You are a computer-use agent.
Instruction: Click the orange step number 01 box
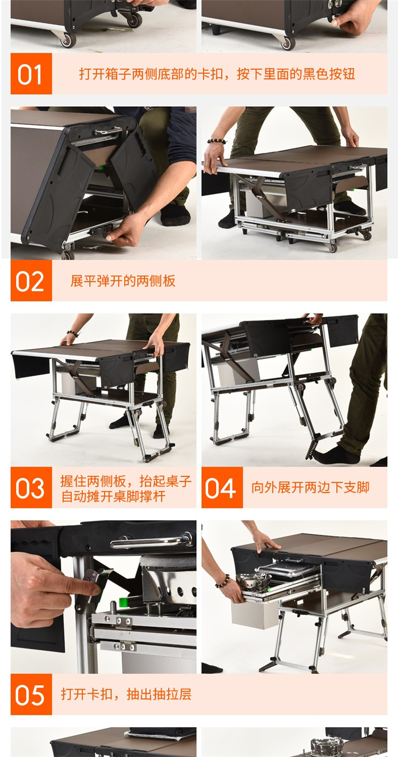pyautogui.click(x=31, y=74)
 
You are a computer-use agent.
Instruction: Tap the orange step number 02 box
pyautogui.click(x=31, y=281)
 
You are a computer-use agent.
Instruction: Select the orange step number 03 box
pyautogui.click(x=31, y=487)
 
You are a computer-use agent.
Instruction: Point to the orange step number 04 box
pyautogui.click(x=222, y=487)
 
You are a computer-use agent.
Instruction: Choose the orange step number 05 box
pyautogui.click(x=31, y=694)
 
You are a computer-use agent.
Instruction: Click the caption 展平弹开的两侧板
pyautogui.click(x=123, y=281)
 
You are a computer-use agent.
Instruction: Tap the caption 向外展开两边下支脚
pyautogui.click(x=310, y=487)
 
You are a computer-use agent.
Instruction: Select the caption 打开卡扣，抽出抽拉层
pyautogui.click(x=126, y=694)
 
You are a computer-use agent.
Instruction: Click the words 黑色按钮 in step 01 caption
pyautogui.click(x=329, y=74)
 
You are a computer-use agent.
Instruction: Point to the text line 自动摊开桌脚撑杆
pyautogui.click(x=113, y=496)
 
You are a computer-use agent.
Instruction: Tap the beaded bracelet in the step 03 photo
pyautogui.click(x=73, y=333)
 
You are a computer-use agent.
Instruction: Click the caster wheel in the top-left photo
pyautogui.click(x=68, y=40)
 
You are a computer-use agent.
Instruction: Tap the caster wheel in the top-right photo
pyautogui.click(x=288, y=43)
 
